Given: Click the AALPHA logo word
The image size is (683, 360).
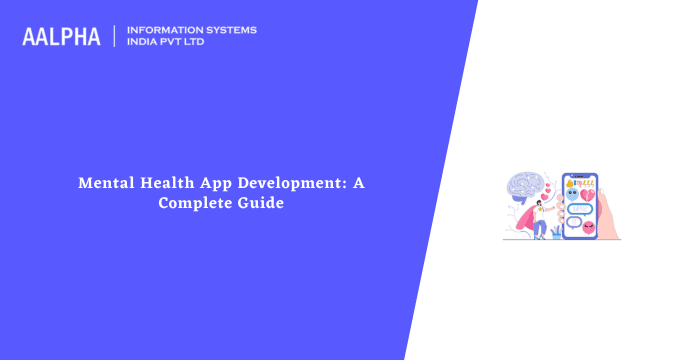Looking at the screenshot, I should pyautogui.click(x=61, y=37).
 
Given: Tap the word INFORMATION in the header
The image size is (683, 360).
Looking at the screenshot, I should pyautogui.click(x=161, y=30).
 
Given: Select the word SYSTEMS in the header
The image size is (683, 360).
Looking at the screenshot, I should pyautogui.click(x=228, y=30).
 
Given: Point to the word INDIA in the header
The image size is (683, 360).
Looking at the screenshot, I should pyautogui.click(x=143, y=43).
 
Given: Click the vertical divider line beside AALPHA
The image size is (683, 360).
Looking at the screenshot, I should pyautogui.click(x=115, y=36).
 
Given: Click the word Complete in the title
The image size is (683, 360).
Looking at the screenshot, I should pyautogui.click(x=195, y=202).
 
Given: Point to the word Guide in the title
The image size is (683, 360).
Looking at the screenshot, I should pyautogui.click(x=263, y=202).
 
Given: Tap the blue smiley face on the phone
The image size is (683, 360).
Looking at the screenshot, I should pyautogui.click(x=573, y=194).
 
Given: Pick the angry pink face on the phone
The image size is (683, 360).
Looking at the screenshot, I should pyautogui.click(x=588, y=225).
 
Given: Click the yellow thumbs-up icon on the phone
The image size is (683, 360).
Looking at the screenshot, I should pyautogui.click(x=570, y=182).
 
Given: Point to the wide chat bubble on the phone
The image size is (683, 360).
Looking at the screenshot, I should pyautogui.click(x=580, y=209).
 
